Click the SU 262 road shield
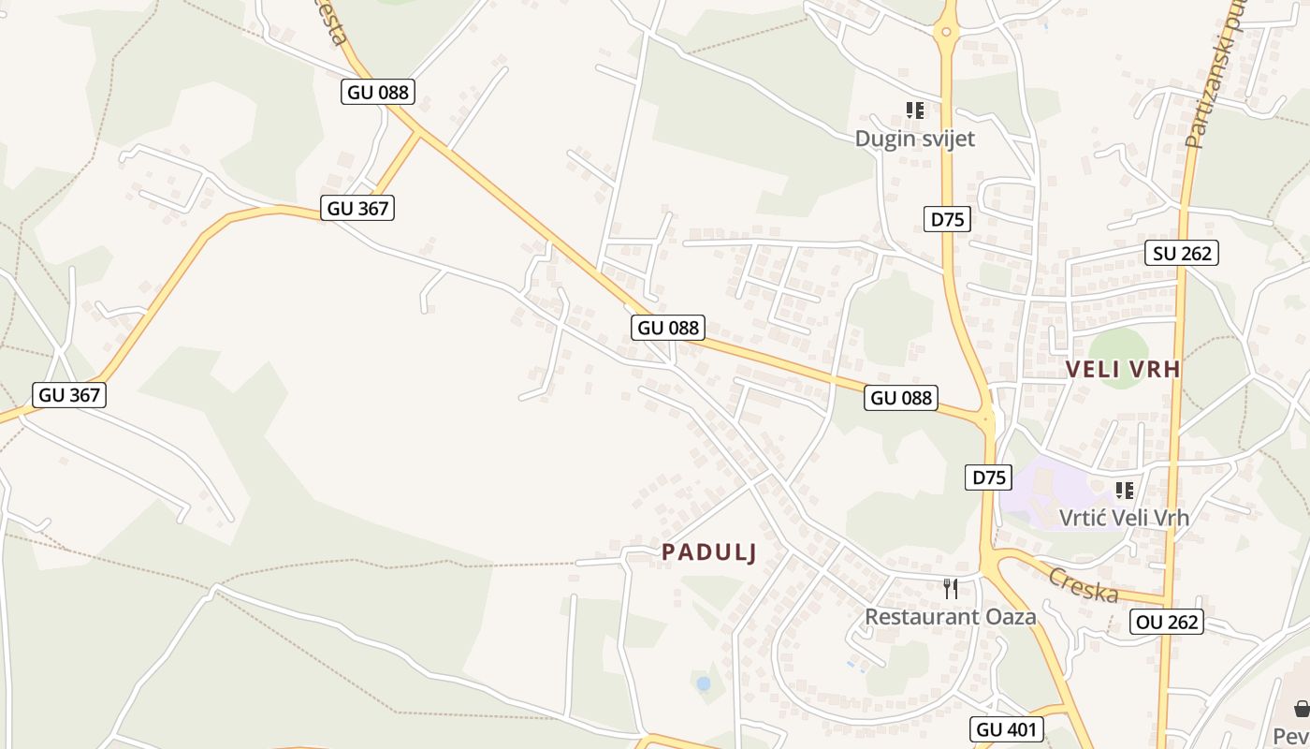click(x=1182, y=253)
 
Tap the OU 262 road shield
click(x=1166, y=622)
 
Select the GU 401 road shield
click(x=1005, y=729)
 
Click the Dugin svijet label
click(x=914, y=140)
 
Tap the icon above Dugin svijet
click(x=915, y=110)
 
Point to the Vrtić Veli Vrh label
click(x=1124, y=517)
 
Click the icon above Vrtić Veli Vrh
click(x=1125, y=490)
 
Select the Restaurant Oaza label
click(x=950, y=617)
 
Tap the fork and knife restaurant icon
click(x=951, y=589)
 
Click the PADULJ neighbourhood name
click(x=708, y=553)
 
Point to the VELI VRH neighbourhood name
click(x=1123, y=370)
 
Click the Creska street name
click(x=1084, y=585)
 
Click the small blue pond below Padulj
click(x=703, y=684)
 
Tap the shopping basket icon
click(x=1302, y=709)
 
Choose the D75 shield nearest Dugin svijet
click(x=947, y=220)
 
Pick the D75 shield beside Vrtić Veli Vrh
click(x=988, y=477)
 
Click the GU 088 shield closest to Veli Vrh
click(x=901, y=398)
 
